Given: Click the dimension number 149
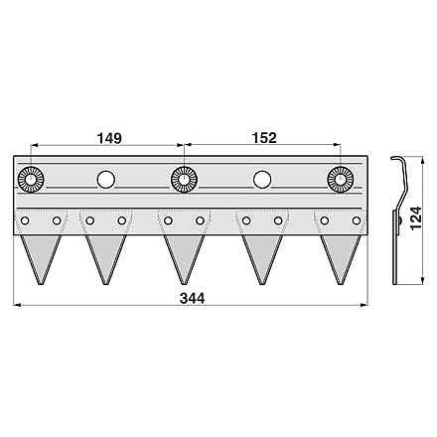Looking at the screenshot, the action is click(x=109, y=138).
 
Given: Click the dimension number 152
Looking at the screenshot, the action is click(x=264, y=138).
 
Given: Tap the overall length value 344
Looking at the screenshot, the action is click(x=192, y=298).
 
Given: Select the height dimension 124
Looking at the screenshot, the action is click(x=416, y=218).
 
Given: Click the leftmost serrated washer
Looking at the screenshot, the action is click(x=31, y=180).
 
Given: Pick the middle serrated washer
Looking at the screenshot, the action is click(x=184, y=180).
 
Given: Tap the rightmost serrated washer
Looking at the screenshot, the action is click(x=341, y=180).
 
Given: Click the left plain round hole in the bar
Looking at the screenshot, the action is click(x=106, y=180).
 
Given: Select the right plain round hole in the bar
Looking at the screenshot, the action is click(x=262, y=180).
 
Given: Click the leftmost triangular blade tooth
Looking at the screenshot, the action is click(x=41, y=255).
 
